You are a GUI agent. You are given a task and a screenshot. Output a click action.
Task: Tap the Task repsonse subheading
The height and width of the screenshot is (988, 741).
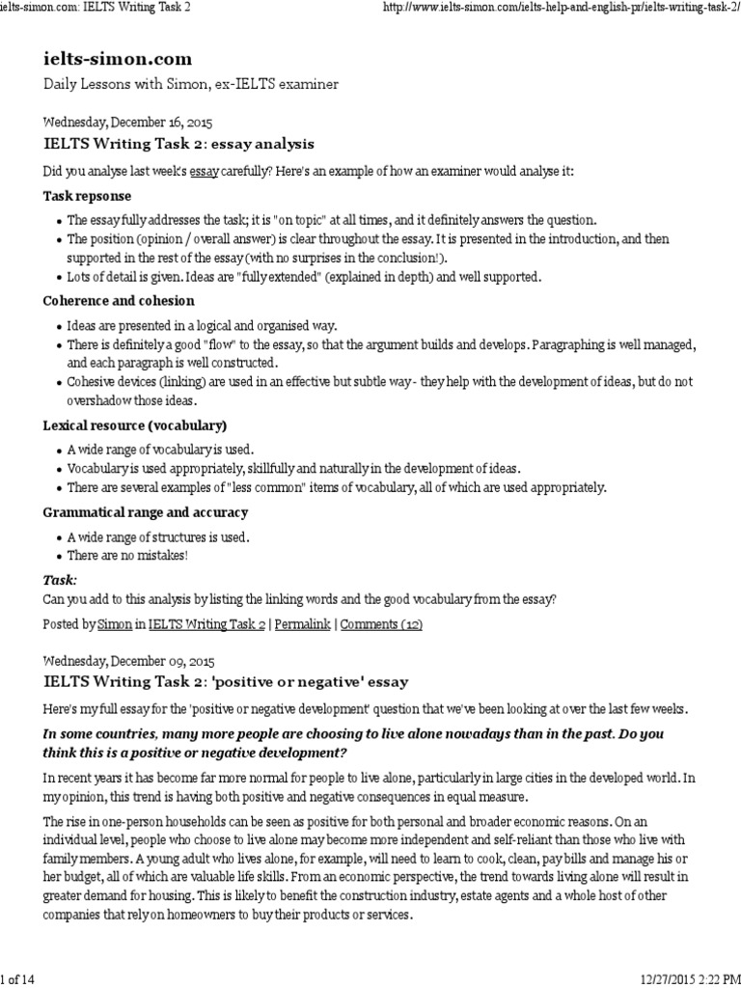[86, 195]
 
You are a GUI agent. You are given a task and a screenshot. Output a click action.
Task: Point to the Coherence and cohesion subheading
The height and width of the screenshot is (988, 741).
[119, 301]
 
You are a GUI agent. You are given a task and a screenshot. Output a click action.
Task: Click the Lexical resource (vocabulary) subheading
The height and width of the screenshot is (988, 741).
[135, 425]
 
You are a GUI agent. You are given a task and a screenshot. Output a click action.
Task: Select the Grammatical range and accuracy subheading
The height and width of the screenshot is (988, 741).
[146, 512]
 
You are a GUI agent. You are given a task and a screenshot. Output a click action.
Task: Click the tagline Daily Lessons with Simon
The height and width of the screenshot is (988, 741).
[191, 85]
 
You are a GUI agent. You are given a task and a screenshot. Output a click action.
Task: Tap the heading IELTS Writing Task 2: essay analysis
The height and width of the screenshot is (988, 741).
[178, 145]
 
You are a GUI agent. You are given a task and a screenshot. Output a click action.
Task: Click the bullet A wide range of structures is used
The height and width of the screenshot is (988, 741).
[157, 536]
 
